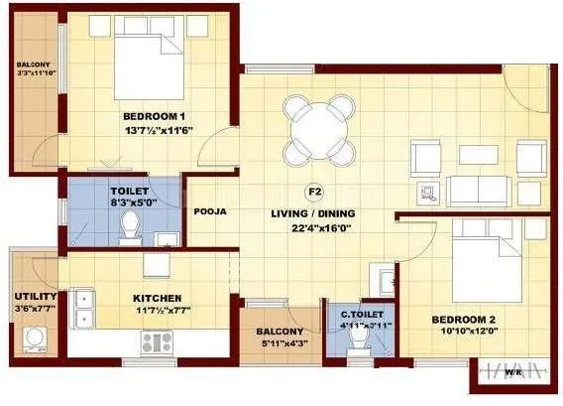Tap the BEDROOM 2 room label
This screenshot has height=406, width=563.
(x=464, y=319)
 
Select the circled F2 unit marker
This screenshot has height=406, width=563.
(x=316, y=193)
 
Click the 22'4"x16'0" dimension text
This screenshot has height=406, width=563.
(x=315, y=227)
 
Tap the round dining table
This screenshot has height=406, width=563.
(x=316, y=130)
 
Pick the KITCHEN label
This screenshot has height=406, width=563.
(x=157, y=298)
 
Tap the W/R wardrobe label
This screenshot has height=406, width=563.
(x=512, y=374)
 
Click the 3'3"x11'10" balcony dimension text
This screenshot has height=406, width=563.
(x=34, y=71)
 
